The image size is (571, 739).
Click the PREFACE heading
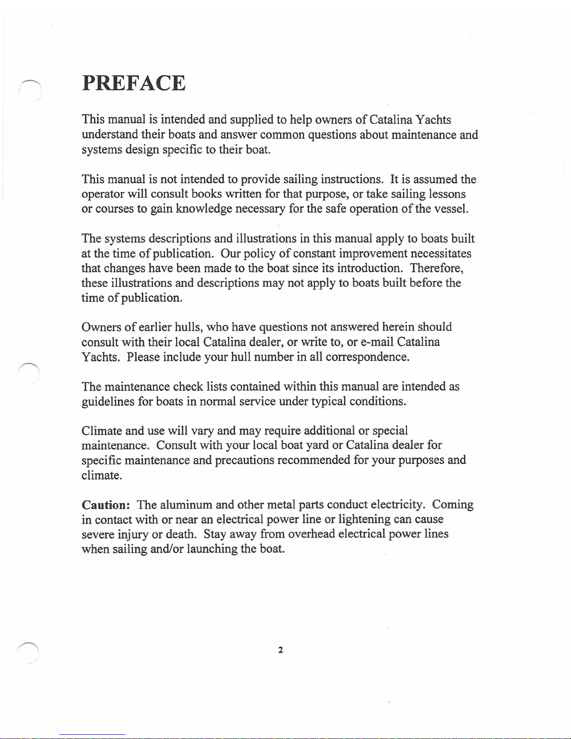pos(134,83)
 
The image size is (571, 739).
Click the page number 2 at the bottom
pos(280,650)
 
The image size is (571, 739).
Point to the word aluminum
pos(186,505)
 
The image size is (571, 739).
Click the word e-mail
pos(377,342)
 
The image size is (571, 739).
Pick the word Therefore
pos(436,268)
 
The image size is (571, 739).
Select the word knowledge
pos(204,209)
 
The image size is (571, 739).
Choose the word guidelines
pos(108,402)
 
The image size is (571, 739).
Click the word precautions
pos(244,461)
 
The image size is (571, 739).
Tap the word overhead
pos(311,534)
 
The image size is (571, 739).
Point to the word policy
pos(260,253)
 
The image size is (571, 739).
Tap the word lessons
pos(447,194)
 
